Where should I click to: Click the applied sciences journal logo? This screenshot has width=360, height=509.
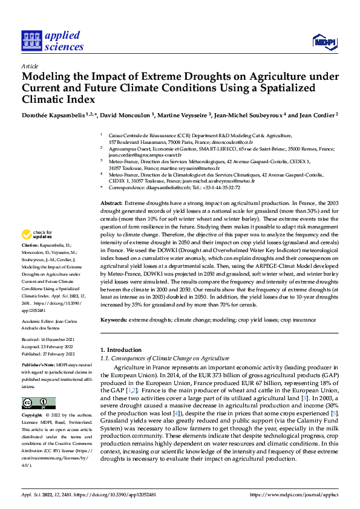[x=53, y=41]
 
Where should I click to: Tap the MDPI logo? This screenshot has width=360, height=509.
[x=324, y=41]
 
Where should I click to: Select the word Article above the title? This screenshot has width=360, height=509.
[x=30, y=66]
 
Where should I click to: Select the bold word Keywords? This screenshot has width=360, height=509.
[x=113, y=319]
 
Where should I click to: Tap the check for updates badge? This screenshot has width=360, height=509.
[x=38, y=234]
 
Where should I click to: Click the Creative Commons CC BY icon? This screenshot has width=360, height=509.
[x=38, y=403]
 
